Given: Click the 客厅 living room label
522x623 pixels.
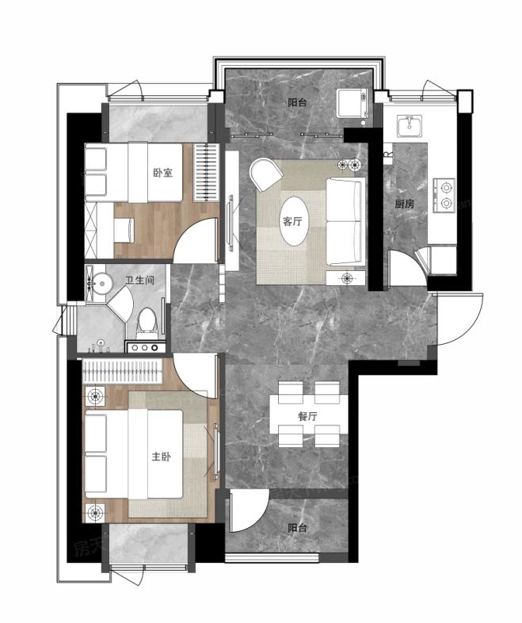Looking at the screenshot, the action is point(292,221).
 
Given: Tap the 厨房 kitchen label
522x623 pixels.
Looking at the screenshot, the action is point(405,204).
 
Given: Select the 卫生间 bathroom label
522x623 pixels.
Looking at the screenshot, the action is point(139,281).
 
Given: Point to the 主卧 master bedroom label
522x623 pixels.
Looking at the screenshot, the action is point(161,457).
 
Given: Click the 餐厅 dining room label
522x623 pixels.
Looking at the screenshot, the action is point(307,416).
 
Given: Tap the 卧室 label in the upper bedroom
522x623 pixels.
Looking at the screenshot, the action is point(162,173).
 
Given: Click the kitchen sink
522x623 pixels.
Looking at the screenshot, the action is point(410,126).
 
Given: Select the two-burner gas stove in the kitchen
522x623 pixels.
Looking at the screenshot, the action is point(444,195).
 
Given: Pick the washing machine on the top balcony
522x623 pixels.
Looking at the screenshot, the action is point(352,103).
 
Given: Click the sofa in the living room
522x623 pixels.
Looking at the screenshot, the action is point(345,221).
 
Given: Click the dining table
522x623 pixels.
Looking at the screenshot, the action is point(308,414).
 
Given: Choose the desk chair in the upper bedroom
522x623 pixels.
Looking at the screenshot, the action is point(124,230).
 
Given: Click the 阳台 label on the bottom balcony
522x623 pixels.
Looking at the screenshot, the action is point(297,528).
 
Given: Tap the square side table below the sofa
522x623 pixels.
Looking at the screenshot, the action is point(345,278).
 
